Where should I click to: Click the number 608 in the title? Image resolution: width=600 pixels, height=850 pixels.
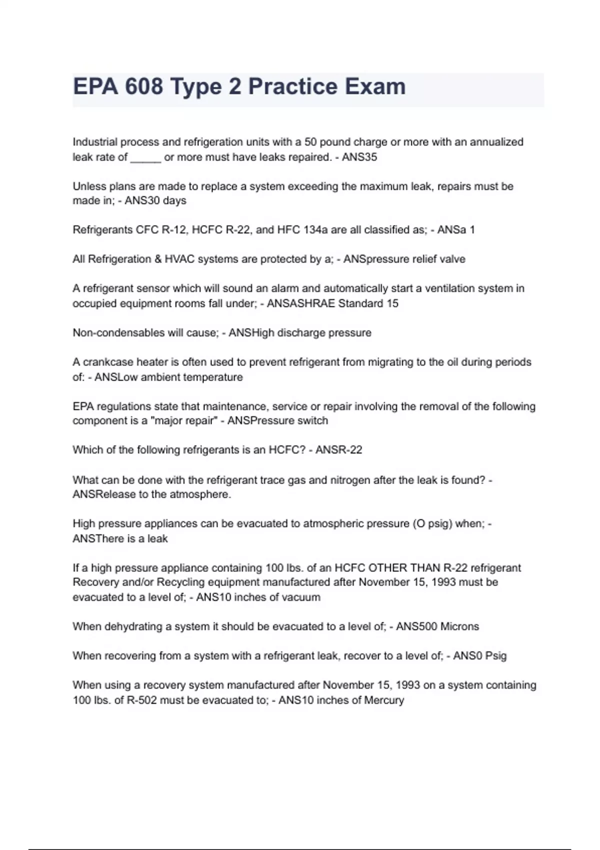tap(144, 86)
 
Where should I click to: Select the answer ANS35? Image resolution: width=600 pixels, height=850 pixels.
tap(359, 157)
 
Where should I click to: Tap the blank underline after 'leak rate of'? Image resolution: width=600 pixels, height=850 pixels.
tap(145, 157)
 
